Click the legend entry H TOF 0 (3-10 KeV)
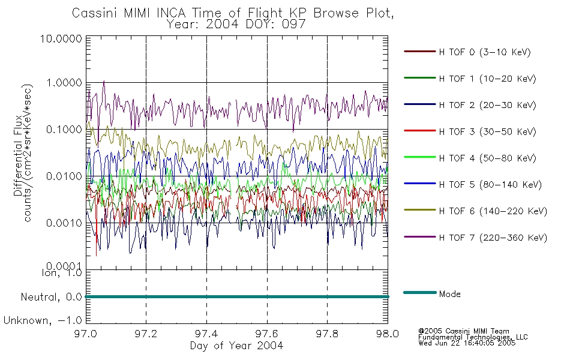pos(485,52)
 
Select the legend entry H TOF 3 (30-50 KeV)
pos(487,131)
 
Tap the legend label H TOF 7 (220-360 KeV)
pos(493,238)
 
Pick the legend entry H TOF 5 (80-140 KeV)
pos(490,185)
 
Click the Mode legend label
pos(449,294)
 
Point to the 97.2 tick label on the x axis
pos(146,334)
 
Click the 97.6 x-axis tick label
pos(267,334)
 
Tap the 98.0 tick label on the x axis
pos(388,334)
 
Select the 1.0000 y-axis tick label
pos(64,83)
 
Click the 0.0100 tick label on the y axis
pos(64,176)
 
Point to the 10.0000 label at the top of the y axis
pos(61,38)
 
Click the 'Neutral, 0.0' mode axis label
pos(51,297)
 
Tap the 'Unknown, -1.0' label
pos(43,320)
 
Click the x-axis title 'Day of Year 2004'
pos(236,346)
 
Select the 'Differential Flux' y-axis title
pos(18,155)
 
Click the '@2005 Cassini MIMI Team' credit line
pos(463,331)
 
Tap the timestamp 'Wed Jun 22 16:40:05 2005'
pos(467,343)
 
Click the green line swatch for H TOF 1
pos(419,78)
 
